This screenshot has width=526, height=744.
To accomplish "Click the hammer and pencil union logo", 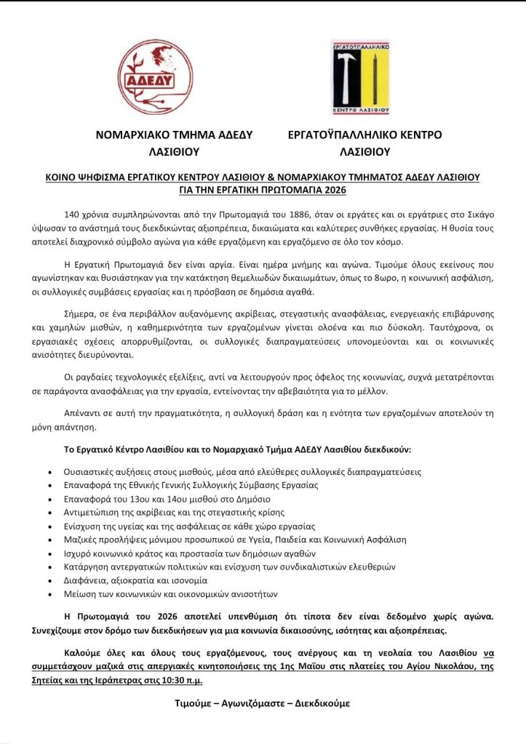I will (360, 77).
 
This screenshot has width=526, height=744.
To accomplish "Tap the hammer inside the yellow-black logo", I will (348, 76).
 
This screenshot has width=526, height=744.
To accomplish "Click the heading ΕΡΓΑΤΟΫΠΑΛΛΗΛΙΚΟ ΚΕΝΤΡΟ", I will (364, 135).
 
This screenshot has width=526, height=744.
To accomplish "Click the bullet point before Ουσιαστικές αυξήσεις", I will (49, 472).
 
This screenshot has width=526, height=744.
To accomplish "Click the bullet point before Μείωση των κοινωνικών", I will (49, 594).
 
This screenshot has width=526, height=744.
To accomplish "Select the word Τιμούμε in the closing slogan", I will (197, 703).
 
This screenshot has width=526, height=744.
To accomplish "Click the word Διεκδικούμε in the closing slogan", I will (322, 703).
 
